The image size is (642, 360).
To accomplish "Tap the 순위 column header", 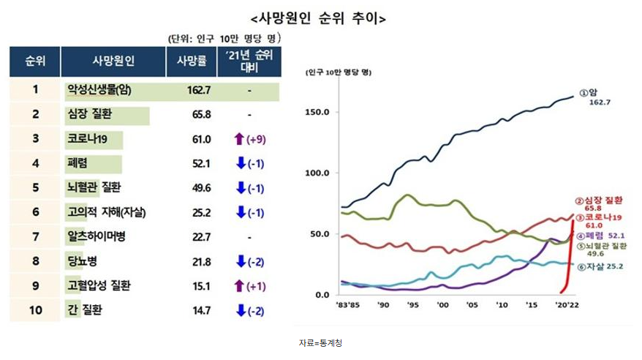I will tap(34, 60).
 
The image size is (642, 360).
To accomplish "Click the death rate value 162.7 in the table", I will tap(199, 90).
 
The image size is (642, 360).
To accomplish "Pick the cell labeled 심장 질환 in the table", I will tap(88, 115).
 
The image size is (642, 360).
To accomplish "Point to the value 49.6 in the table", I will tap(199, 188).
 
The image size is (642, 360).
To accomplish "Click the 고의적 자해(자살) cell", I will tap(106, 213).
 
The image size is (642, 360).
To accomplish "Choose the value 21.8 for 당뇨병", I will tap(199, 262).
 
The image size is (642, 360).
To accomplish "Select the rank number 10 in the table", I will tap(34, 310).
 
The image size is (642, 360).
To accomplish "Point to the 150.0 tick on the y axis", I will tap(322, 112).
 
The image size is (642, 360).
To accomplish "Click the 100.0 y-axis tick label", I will tap(322, 173).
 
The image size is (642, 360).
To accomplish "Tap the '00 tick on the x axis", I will tap(441, 304).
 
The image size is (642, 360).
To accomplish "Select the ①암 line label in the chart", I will tap(589, 93).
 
